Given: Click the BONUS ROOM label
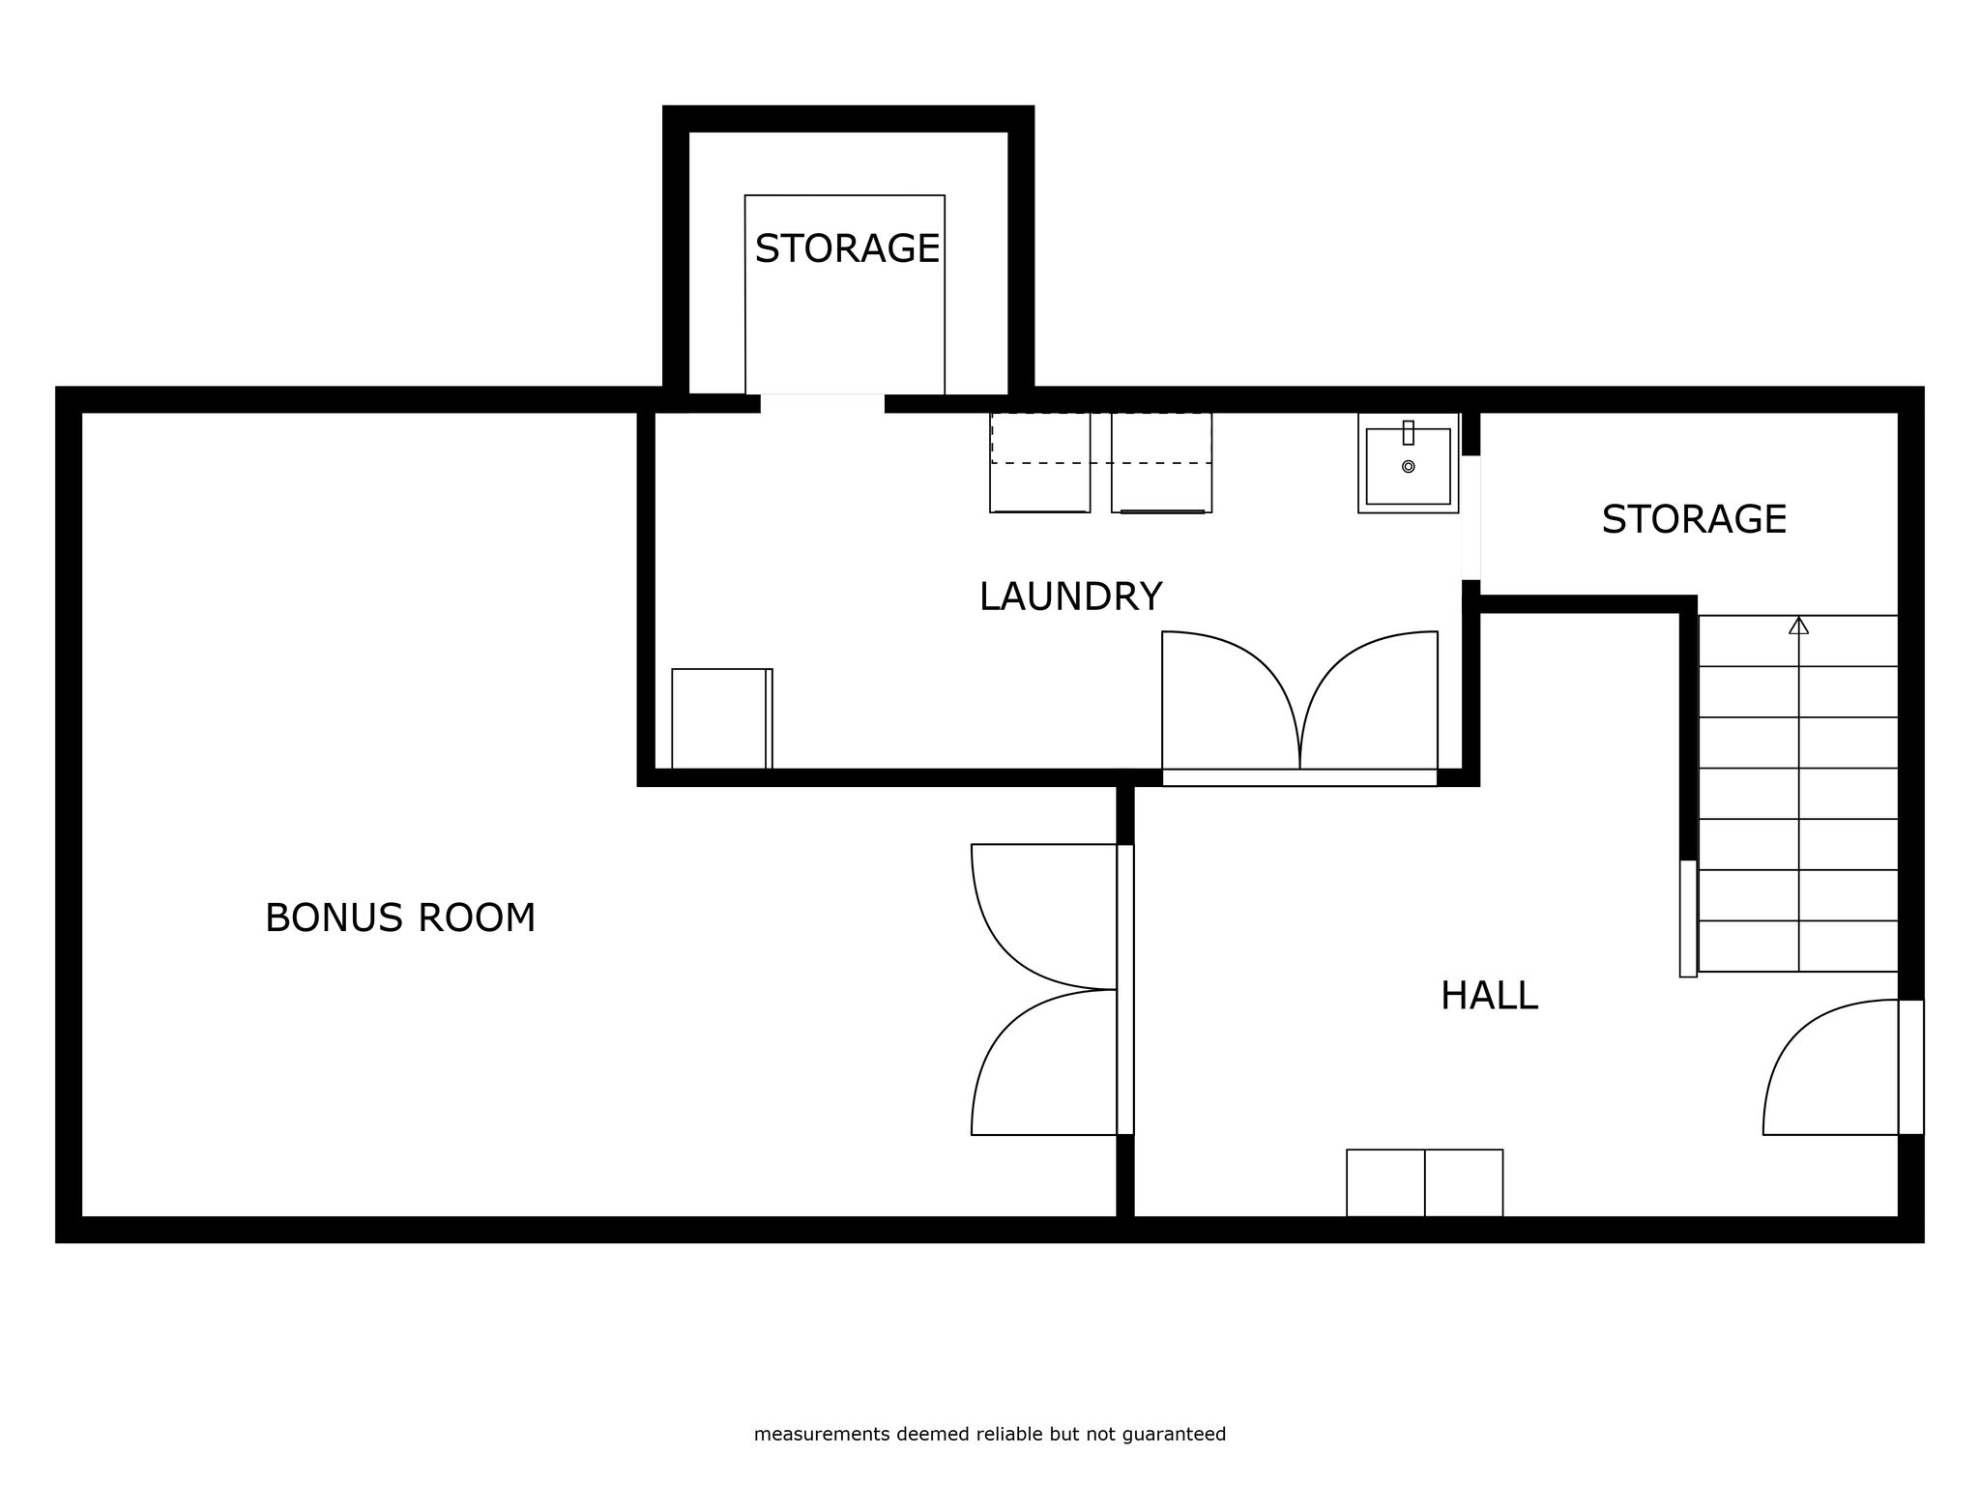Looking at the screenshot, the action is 400,917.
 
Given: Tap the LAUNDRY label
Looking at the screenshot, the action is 1070,597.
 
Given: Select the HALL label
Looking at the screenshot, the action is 1489,996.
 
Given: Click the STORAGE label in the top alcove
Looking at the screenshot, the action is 847,248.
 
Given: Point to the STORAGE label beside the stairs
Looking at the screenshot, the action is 1694,519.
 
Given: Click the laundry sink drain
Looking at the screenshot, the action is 1409,467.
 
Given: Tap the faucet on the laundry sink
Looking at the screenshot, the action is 1409,432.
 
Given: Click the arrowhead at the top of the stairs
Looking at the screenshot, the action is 1798,626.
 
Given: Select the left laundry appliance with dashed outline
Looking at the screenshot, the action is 1040,462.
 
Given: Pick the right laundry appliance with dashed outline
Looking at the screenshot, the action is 1161,462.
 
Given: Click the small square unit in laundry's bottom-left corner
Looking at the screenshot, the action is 722,718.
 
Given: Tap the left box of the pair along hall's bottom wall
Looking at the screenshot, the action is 1385,1182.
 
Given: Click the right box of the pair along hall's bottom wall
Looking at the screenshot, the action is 1464,1182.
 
